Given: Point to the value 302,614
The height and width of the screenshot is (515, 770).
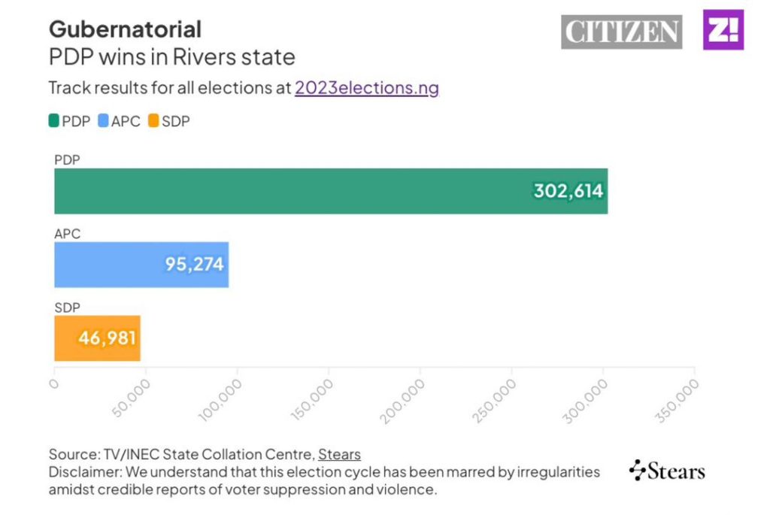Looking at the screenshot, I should coord(568,191).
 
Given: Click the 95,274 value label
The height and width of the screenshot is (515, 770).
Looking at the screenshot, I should coord(195,265).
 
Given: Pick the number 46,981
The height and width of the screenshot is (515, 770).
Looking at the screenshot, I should coord(108,338).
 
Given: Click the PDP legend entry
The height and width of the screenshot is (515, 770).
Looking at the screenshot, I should coord(70,120).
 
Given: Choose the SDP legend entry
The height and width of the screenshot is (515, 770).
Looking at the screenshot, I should coord(168,120).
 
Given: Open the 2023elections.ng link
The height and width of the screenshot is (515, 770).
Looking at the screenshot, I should coord(366,87).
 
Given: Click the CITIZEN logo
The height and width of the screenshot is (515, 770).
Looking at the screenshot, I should coord(621,32).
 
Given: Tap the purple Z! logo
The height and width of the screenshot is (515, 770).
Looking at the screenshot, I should coord(723,30).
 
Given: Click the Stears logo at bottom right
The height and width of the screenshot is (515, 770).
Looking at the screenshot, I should coord(667,471).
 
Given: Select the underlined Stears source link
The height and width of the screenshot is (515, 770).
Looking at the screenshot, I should coord(339,454).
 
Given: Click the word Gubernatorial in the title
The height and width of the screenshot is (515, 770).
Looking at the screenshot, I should coord(125,29).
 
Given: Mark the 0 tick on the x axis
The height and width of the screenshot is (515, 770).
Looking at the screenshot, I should coord(53,383).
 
